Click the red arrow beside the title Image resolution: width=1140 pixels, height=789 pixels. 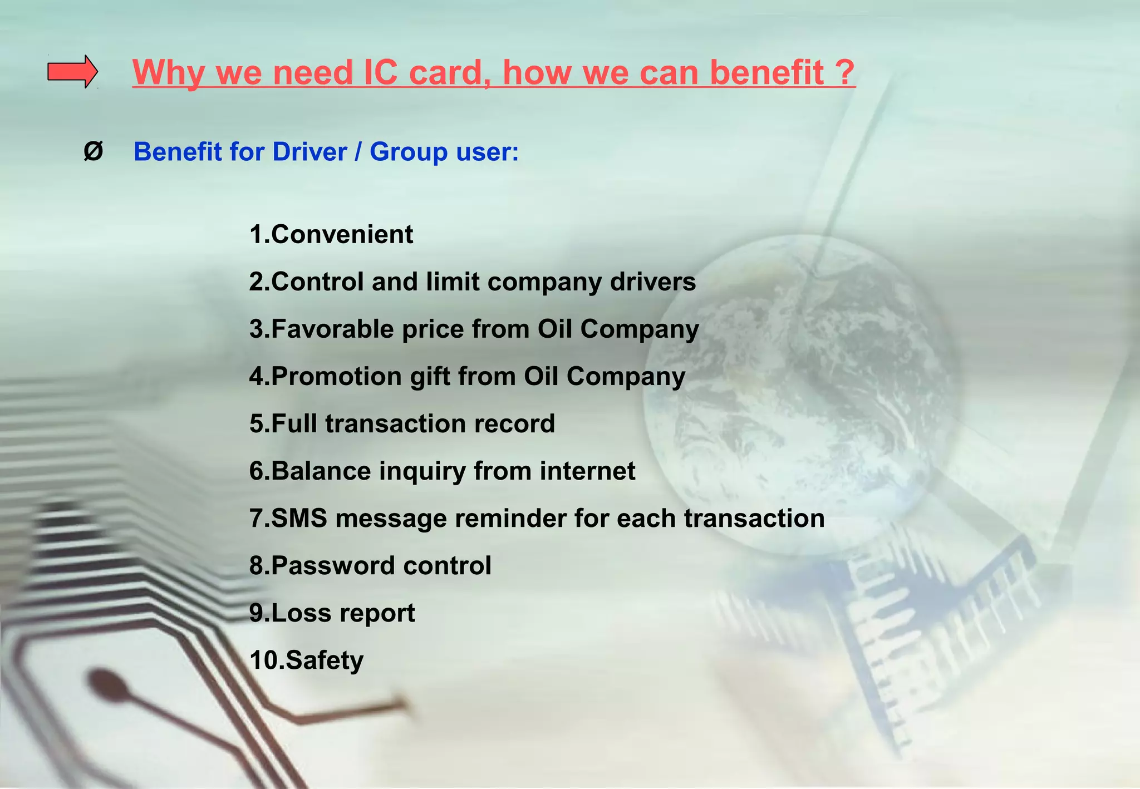[72, 72]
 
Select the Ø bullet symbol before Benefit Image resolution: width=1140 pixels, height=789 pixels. [93, 151]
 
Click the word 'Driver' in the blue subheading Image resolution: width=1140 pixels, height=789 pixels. [309, 152]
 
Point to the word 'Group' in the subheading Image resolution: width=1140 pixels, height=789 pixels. [408, 152]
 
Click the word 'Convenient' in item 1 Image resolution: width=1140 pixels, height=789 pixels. [342, 234]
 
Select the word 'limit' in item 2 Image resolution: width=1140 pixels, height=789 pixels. [453, 282]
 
